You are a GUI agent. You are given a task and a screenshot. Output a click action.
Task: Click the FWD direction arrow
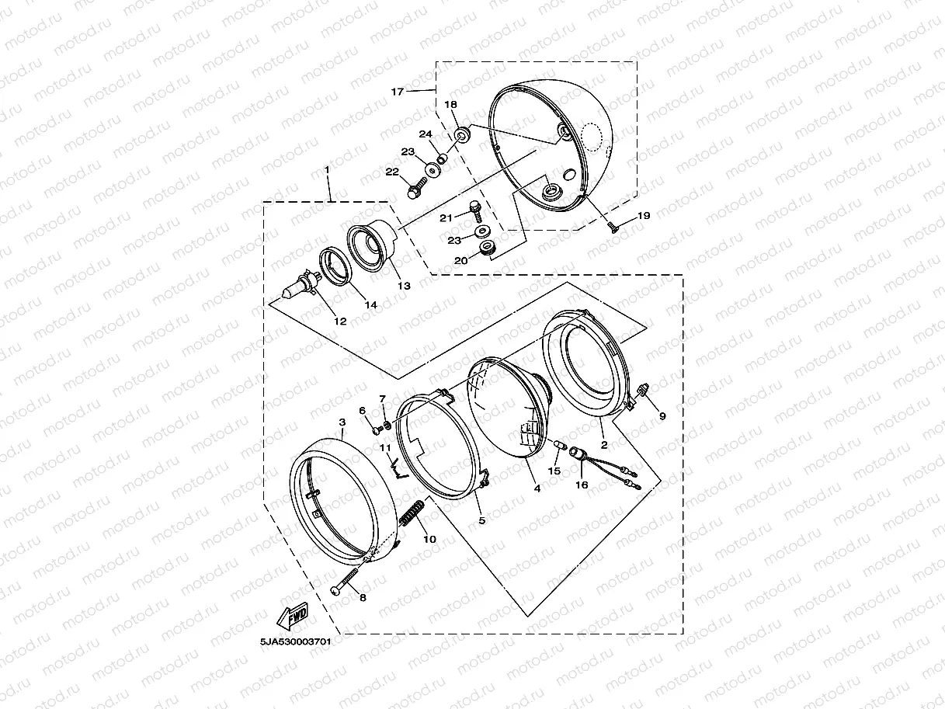coord(292,616)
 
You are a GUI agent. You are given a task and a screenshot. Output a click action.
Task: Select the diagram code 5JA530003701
coord(295,641)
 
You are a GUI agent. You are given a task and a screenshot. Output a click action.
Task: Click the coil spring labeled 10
coord(412,513)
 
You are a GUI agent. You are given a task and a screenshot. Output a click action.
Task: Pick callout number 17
coord(397,92)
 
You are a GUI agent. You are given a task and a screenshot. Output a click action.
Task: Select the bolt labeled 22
coord(417,189)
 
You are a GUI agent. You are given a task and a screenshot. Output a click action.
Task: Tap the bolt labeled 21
coord(475,211)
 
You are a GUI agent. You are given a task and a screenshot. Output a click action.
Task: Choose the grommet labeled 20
coord(488,248)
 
